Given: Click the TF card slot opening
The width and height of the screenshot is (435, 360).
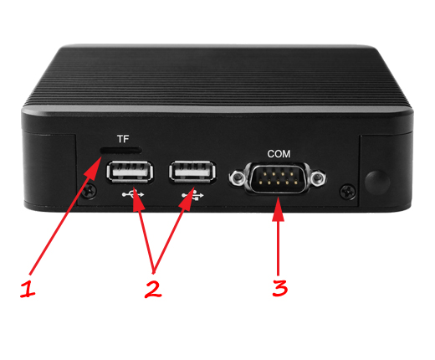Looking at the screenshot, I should coord(120,151).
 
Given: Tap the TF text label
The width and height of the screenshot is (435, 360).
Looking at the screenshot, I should coord(121,137).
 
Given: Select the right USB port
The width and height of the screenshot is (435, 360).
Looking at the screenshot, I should coord(192,172).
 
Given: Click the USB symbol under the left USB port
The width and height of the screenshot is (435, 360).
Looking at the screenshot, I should coord(132,196).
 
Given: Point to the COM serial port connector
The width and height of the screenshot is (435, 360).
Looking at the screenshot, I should coord(278,177).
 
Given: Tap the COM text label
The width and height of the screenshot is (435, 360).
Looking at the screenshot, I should coord(279,154).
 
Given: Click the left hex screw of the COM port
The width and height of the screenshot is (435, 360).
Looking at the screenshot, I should coord(238,177).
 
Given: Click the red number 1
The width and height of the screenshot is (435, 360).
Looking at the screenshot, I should coord(28,289).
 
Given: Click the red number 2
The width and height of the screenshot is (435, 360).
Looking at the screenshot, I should coord(152,289).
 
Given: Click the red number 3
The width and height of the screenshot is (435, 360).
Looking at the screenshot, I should coord(279,287).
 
